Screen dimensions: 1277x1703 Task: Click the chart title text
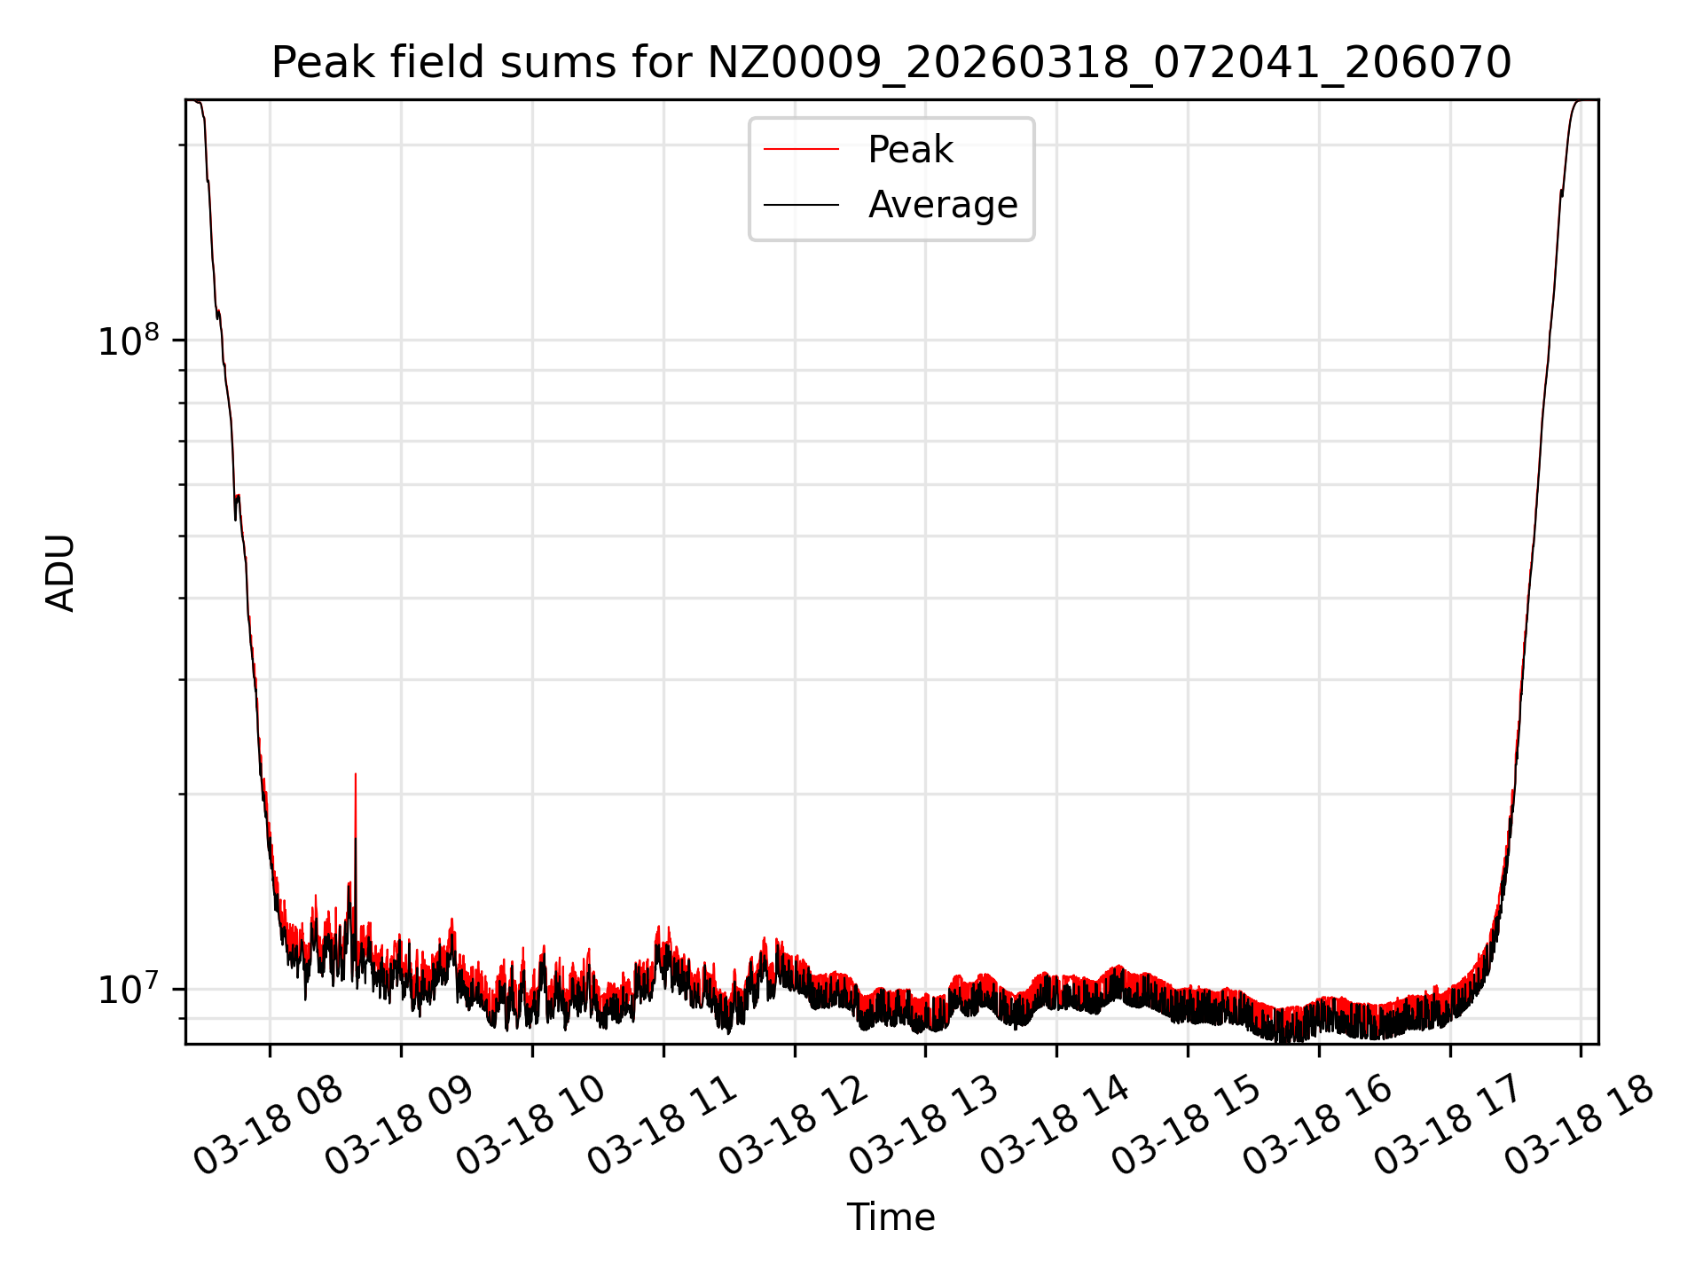[891, 63]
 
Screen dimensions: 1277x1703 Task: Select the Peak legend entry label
[910, 150]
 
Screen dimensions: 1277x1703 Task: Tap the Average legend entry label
[942, 205]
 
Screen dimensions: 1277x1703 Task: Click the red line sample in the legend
[801, 150]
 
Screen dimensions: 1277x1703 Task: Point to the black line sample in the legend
[801, 205]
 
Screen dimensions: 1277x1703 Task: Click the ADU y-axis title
[60, 573]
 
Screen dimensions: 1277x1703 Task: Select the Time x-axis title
[891, 1218]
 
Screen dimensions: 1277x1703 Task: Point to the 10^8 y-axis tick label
[129, 341]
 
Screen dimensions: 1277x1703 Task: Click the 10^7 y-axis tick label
[129, 990]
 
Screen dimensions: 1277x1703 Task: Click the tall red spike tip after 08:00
[356, 775]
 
